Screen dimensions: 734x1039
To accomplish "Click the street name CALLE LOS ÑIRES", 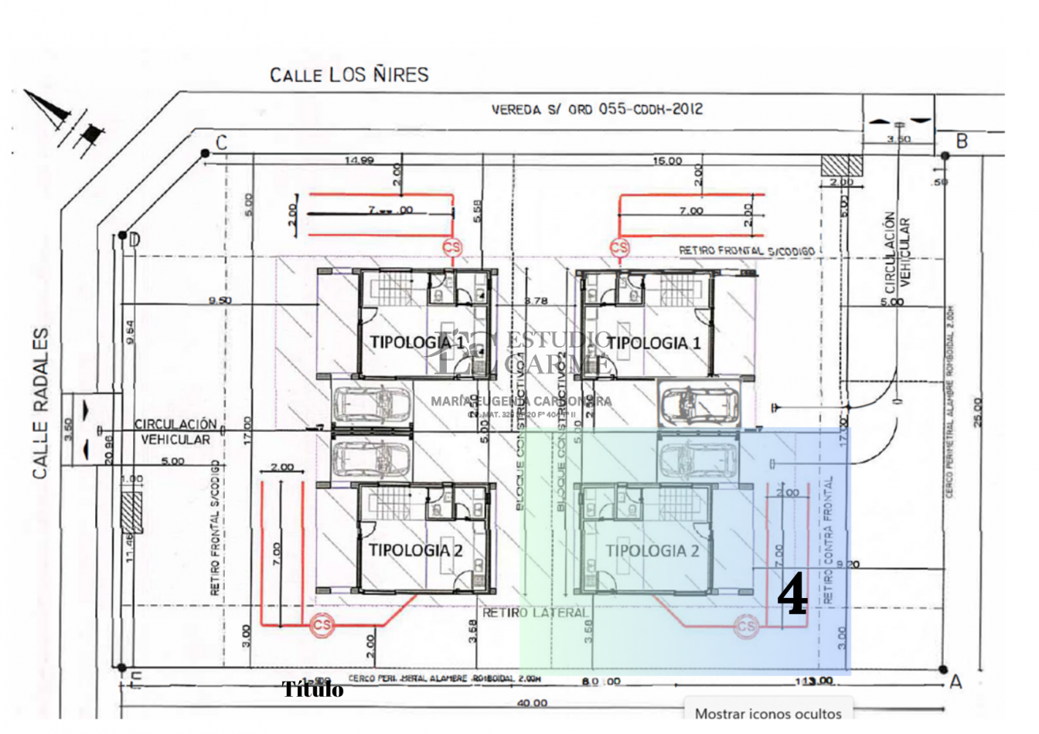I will coord(349,75).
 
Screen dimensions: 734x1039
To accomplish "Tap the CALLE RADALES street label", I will coord(41,403).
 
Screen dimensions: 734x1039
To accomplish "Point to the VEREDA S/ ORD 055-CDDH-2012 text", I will coord(597,110).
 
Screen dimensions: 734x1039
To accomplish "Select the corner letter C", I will coord(221,143).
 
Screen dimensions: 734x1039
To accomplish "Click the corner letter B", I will coord(962,141).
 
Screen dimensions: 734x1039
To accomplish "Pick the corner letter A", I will coord(956,681).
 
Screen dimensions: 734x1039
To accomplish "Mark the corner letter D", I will coord(135,240).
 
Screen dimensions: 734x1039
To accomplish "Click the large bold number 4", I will coord(792,596).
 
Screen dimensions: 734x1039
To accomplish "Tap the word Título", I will coord(312,689).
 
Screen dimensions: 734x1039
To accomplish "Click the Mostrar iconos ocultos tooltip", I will coord(768,713).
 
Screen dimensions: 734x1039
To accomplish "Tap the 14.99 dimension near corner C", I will coord(359,161).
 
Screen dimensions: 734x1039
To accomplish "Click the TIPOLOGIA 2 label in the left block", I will coord(415,550).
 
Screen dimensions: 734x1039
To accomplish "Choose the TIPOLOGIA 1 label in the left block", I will coord(417,342).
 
